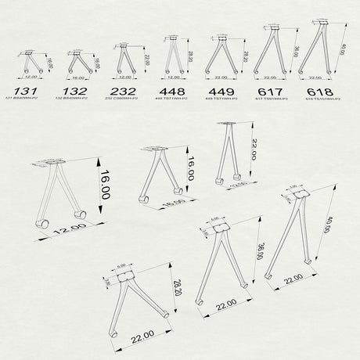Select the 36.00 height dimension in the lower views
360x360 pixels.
tap(258, 255)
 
